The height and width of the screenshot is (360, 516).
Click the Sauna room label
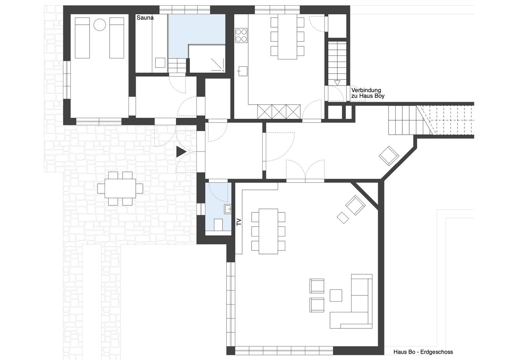(x=145, y=18)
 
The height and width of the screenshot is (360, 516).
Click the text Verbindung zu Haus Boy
(x=368, y=93)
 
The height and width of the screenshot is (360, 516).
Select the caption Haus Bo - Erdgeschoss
(x=423, y=352)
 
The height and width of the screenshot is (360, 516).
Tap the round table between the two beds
(x=100, y=25)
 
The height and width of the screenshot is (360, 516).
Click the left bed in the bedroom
(x=82, y=38)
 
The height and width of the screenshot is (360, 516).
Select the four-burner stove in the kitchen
(x=241, y=35)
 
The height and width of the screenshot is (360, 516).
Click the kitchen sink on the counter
(x=243, y=71)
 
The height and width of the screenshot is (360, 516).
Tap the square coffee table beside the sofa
(x=336, y=295)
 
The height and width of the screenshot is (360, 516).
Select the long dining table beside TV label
(x=268, y=231)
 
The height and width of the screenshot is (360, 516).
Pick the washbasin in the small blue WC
(x=228, y=209)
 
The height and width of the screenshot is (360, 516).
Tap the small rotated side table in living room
(x=343, y=217)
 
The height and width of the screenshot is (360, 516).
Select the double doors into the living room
(x=305, y=170)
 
